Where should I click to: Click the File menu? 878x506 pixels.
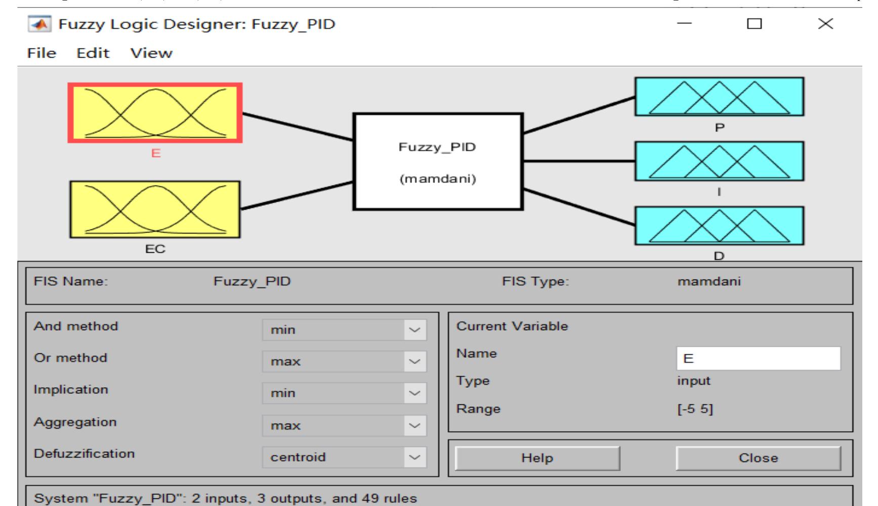pyautogui.click(x=41, y=53)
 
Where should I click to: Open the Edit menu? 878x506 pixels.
pyautogui.click(x=93, y=53)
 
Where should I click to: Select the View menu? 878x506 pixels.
pyautogui.click(x=151, y=53)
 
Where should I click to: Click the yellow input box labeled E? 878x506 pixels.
pyautogui.click(x=155, y=113)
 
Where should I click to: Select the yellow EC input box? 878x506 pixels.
pyautogui.click(x=155, y=209)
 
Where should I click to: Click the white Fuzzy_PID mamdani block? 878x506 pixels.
pyautogui.click(x=438, y=161)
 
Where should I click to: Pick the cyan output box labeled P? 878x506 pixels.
pyautogui.click(x=719, y=97)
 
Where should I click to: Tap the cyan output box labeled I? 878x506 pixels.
pyautogui.click(x=719, y=161)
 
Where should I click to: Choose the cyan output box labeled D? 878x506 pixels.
pyautogui.click(x=719, y=226)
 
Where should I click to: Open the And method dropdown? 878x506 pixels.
pyautogui.click(x=344, y=330)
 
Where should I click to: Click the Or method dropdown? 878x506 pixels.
pyautogui.click(x=344, y=361)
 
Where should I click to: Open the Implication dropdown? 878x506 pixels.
pyautogui.click(x=344, y=393)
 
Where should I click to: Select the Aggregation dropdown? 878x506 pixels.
pyautogui.click(x=344, y=426)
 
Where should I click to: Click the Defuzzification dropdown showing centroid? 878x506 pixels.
pyautogui.click(x=344, y=457)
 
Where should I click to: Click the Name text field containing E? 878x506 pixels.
pyautogui.click(x=759, y=358)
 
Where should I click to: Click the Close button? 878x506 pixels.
pyautogui.click(x=758, y=458)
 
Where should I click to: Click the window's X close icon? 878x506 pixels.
pyautogui.click(x=825, y=24)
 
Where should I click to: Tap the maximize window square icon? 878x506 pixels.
pyautogui.click(x=755, y=24)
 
